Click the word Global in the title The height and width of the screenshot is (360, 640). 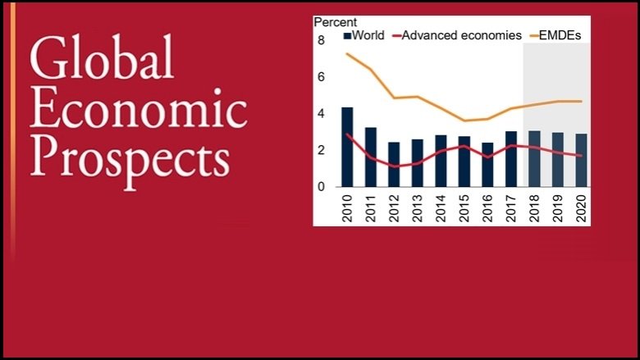(102, 62)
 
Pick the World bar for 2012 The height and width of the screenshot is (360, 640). (394, 165)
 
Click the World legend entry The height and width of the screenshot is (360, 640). (362, 36)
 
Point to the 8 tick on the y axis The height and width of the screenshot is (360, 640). (321, 40)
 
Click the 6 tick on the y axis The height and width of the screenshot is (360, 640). (321, 77)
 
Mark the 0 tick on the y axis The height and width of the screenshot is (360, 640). (321, 187)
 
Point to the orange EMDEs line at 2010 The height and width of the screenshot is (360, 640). (347, 54)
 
